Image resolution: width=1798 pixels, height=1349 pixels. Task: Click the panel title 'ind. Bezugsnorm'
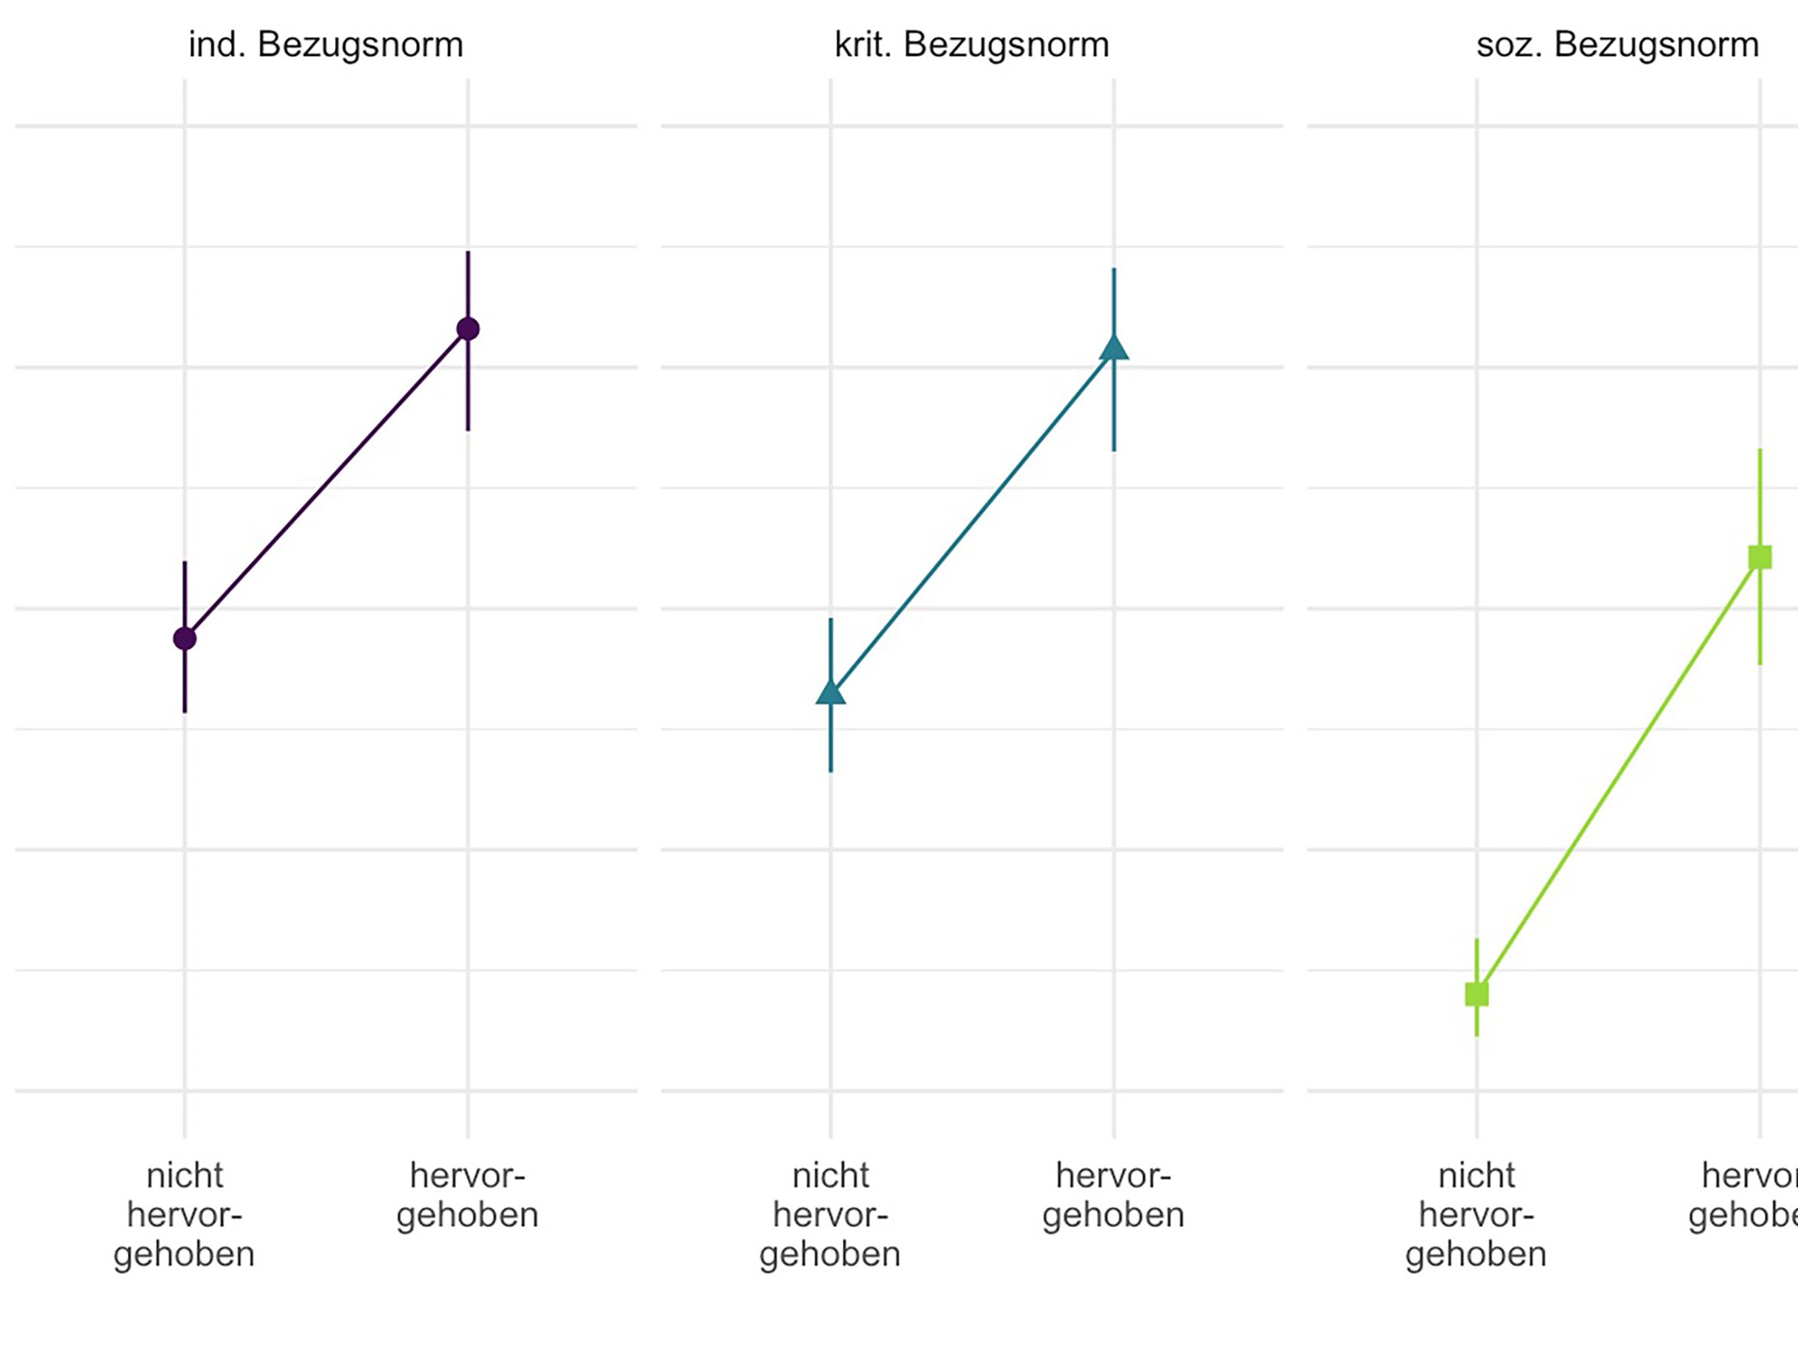coord(326,44)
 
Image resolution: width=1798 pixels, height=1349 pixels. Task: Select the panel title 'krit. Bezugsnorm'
coord(972,44)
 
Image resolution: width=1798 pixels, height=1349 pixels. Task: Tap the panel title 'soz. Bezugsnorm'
coord(1617,44)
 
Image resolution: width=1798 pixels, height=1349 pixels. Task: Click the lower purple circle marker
coord(185,638)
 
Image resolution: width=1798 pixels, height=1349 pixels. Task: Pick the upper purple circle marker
coord(467,328)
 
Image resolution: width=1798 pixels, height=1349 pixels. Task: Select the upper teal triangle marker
coord(1114,348)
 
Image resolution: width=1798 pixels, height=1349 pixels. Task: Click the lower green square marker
coord(1477,994)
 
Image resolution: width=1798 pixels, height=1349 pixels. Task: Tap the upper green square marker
coord(1760,557)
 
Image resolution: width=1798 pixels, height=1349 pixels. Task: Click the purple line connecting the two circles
coord(326,484)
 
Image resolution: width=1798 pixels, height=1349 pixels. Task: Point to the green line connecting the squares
coord(1618,775)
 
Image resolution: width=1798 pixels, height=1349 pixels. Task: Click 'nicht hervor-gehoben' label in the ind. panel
coord(184,1215)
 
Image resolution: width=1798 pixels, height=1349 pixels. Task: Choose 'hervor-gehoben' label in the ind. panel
coord(467,1195)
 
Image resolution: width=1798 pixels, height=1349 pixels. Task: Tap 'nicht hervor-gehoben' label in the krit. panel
coord(830,1215)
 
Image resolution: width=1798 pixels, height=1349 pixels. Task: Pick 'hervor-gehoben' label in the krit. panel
coord(1114,1195)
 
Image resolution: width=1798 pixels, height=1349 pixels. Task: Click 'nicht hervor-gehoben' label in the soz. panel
coord(1476,1215)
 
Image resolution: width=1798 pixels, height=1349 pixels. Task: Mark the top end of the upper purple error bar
coord(467,253)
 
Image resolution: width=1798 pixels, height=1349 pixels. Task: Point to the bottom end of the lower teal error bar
coord(831,770)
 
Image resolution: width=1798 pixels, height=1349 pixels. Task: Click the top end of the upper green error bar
coord(1760,450)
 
